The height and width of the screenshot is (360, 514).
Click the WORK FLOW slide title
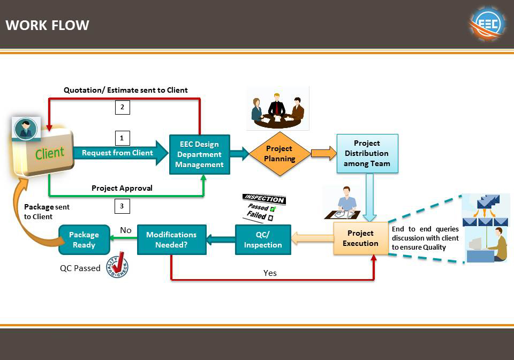(47, 25)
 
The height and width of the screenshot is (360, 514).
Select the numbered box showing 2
(122, 107)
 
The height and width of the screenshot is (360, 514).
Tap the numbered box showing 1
(122, 138)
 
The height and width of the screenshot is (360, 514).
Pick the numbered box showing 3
(122, 206)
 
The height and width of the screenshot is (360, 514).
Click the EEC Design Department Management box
(200, 154)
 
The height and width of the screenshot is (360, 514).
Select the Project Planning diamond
(279, 154)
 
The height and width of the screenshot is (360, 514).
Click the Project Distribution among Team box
(367, 153)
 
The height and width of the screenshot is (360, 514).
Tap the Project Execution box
(361, 238)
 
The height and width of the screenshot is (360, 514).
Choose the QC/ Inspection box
(263, 239)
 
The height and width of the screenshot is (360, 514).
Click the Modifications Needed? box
(171, 239)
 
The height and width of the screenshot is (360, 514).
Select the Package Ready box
(84, 239)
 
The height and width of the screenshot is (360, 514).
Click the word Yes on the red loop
(270, 273)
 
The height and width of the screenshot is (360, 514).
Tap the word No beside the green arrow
(126, 230)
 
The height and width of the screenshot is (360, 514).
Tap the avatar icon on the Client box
(26, 129)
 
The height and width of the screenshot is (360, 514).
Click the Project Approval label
(122, 188)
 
